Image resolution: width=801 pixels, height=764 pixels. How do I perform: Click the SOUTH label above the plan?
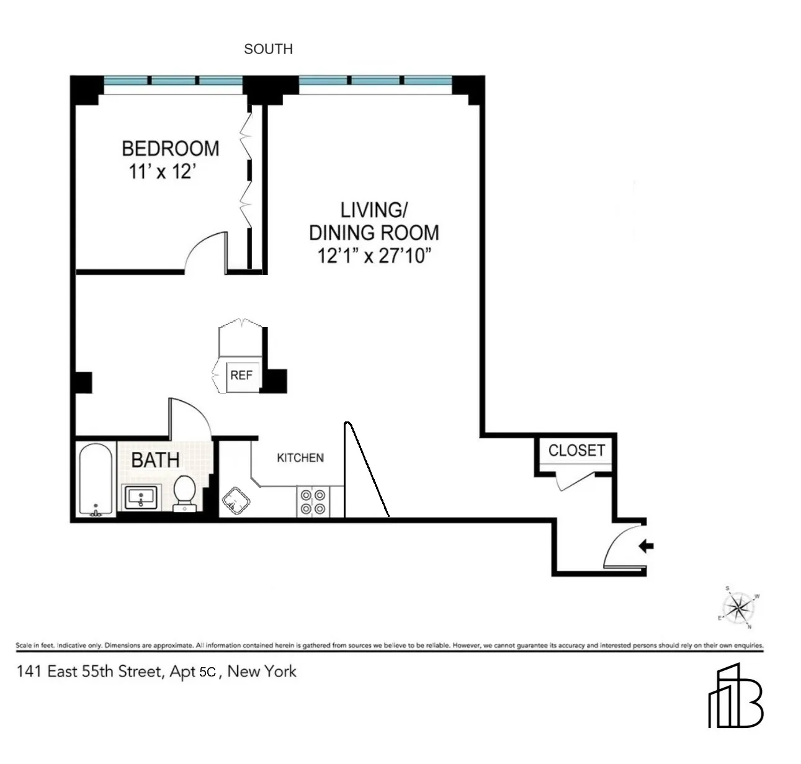(x=268, y=49)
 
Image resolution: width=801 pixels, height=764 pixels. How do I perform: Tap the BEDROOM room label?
(x=170, y=148)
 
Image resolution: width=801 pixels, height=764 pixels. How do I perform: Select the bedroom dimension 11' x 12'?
(x=163, y=171)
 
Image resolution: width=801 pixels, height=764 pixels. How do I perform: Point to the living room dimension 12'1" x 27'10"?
(x=374, y=255)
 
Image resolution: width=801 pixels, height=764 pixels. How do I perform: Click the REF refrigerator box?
(x=241, y=375)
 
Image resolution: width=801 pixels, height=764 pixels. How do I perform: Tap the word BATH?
(x=155, y=460)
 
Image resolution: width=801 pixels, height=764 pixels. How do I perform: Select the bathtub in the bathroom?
(x=96, y=479)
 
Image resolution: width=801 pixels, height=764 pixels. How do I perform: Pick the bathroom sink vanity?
(x=142, y=497)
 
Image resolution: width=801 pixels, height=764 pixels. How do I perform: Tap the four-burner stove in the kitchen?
(x=313, y=502)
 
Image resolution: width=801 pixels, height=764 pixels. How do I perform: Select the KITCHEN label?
(x=300, y=458)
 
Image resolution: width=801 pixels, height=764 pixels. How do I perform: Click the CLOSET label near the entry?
(x=576, y=450)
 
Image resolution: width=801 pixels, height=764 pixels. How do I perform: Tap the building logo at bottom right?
(x=736, y=696)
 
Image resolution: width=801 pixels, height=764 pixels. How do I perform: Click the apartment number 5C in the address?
(x=207, y=672)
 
